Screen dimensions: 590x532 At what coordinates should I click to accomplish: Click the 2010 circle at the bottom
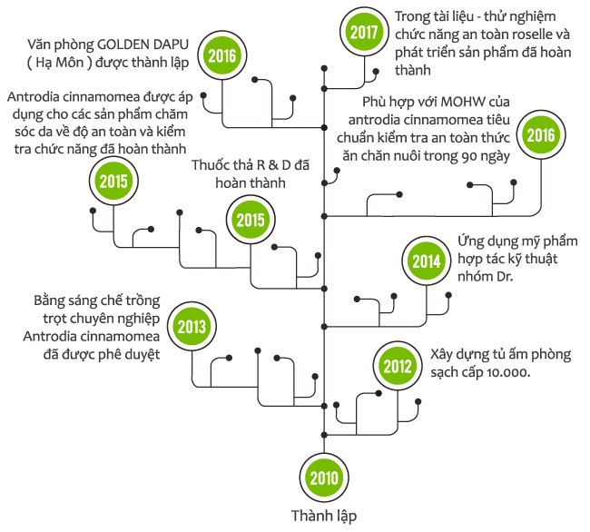coord(324,478)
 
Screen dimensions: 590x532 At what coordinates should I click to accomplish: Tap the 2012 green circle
coord(398,366)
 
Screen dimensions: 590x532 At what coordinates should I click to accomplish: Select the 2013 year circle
coord(192,327)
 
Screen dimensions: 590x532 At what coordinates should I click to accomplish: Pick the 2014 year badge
coord(427,261)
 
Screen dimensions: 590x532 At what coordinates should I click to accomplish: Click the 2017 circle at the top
coord(364,32)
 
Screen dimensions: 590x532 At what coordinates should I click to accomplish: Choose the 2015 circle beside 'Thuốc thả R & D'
coord(251,220)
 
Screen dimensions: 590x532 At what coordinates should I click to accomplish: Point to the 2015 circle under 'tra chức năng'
coord(113,182)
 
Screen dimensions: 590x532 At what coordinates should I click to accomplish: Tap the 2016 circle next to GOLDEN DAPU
coord(222,56)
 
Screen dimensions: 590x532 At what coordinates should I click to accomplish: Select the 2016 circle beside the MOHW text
coord(541,135)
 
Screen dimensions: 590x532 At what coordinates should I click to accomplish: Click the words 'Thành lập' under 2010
coord(324,517)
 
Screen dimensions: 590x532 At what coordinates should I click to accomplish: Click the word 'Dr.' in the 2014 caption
coord(505,277)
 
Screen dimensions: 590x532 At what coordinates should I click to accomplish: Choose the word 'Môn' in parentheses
coord(71,62)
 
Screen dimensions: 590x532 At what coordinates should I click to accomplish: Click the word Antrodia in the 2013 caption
coord(50,336)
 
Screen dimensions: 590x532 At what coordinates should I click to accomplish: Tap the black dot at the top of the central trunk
coord(324,68)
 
